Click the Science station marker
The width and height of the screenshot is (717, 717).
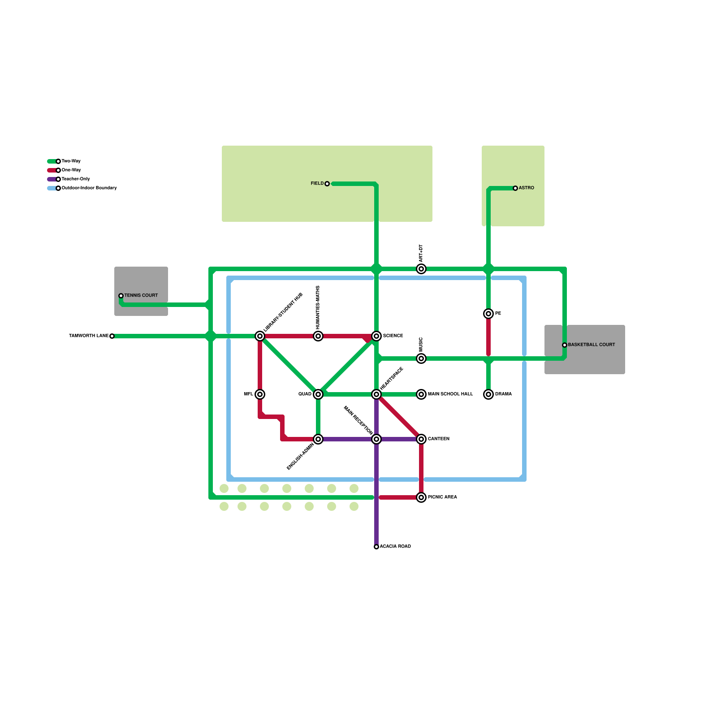point(376,336)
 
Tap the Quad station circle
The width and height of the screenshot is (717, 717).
point(318,394)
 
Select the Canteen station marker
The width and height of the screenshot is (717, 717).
point(421,439)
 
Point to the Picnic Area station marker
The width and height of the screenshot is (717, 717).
point(421,497)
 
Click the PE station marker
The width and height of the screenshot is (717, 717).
point(488,314)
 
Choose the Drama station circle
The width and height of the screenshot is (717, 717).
point(488,394)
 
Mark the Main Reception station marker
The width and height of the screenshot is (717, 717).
point(376,439)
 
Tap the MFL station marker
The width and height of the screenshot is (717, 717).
point(260,394)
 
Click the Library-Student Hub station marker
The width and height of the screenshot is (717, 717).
point(260,336)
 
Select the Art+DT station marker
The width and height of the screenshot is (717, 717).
point(421,269)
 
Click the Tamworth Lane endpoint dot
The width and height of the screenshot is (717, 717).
point(112,336)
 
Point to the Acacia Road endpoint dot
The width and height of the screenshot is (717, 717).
point(376,547)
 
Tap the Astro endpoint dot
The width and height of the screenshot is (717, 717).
point(515,188)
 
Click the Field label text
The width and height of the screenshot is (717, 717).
point(317,184)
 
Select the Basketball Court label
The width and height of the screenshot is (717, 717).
point(591,345)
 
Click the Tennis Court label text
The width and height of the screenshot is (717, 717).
point(141,296)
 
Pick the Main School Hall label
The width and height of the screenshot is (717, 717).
point(450,394)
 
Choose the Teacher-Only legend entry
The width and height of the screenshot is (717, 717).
point(75,179)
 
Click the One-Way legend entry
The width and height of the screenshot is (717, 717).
point(71,170)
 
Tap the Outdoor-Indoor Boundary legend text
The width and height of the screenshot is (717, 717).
point(89,188)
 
